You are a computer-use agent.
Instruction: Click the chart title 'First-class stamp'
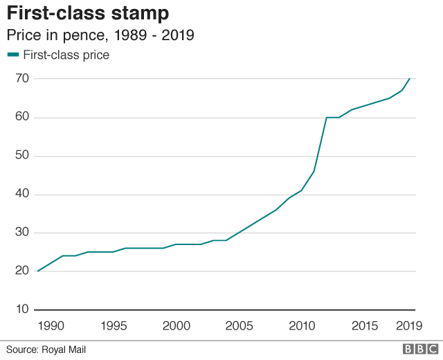coord(88,14)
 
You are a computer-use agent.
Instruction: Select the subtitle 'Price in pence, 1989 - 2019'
coord(100,35)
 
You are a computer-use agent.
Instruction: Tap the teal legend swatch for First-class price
coord(13,55)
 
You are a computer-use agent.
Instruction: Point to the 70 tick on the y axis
coord(21,78)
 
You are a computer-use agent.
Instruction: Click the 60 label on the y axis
coord(21,117)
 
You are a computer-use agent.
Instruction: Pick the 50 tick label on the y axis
coord(21,156)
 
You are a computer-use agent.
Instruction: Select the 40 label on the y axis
coord(21,194)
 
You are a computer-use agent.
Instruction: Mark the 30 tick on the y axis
coord(21,233)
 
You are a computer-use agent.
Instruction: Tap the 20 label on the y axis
coord(21,271)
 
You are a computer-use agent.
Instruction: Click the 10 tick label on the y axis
coord(21,309)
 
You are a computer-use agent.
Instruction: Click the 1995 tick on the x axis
coord(112,325)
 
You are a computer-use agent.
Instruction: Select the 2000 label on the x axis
coord(175,325)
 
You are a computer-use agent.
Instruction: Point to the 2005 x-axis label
coord(238,325)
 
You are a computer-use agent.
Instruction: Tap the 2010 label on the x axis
coord(302,325)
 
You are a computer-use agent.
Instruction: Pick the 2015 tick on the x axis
coord(365,325)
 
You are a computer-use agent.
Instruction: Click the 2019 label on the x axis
coord(408,325)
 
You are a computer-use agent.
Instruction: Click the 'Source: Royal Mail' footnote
coord(46,350)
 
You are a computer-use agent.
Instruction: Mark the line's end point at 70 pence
coord(410,78)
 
